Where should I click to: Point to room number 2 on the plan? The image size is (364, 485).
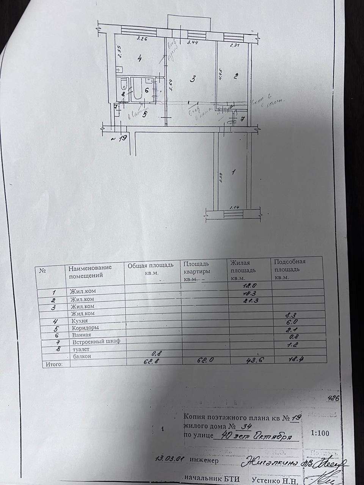(x=235, y=76)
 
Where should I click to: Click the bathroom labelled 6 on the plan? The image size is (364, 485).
(x=146, y=90)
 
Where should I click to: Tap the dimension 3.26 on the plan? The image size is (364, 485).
(x=142, y=39)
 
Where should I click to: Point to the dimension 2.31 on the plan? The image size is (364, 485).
(x=236, y=45)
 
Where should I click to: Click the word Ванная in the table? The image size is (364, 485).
(x=80, y=335)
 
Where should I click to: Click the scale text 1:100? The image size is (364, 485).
(x=320, y=433)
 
